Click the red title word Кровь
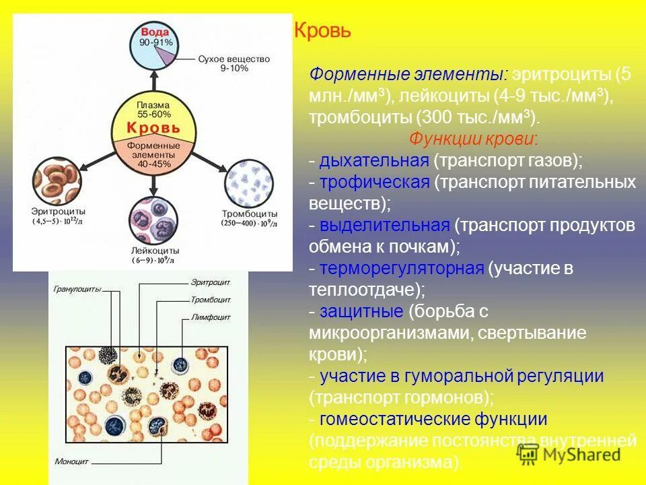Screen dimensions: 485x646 point(323,32)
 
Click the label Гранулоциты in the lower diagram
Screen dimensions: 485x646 point(77,289)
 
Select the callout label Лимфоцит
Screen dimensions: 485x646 point(211,316)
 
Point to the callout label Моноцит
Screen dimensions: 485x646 point(71,462)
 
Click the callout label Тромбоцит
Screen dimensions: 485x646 point(211,299)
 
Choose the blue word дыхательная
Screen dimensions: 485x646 point(374,161)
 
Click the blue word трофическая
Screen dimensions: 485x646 point(374,183)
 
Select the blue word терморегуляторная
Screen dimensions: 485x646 point(402,269)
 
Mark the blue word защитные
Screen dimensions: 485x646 point(361,311)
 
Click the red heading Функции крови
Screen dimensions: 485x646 point(473,139)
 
